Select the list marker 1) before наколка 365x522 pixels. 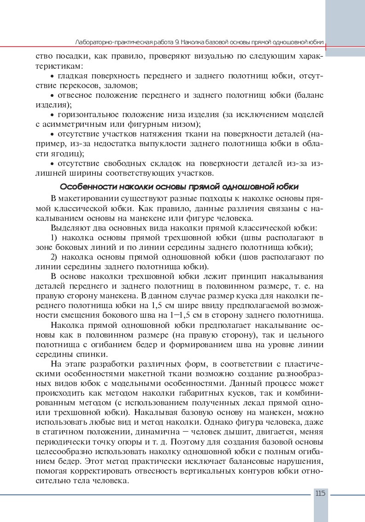tap(53, 238)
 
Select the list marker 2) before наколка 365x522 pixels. tap(53, 257)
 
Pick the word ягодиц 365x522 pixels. tap(66, 154)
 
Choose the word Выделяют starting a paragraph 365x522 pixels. tap(69, 228)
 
